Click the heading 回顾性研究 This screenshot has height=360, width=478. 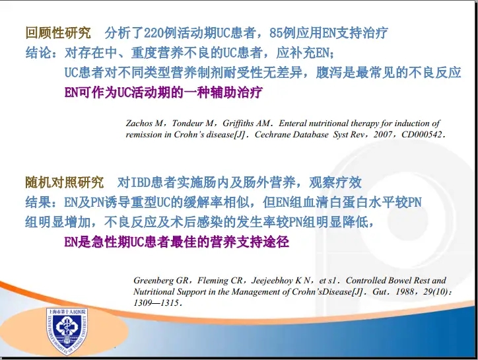click(x=58, y=33)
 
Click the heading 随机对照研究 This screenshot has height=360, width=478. click(x=64, y=182)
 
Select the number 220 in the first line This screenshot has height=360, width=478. click(x=153, y=33)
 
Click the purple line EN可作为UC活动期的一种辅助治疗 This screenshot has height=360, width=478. click(x=163, y=92)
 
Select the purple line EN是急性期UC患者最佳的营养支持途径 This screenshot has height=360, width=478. click(x=176, y=242)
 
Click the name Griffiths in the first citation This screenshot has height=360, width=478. click(x=238, y=124)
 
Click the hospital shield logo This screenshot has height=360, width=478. click(x=67, y=331)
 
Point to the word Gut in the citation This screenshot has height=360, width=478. click(x=379, y=292)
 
